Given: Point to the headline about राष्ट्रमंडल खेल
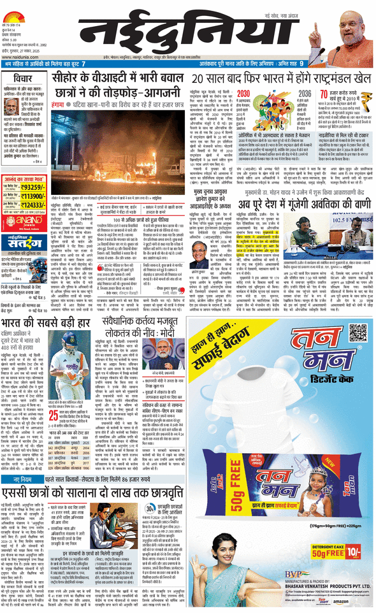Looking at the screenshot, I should pyautogui.click(x=281, y=78).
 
